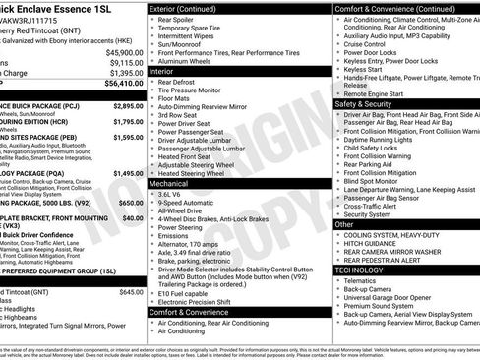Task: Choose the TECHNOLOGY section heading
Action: tap(360, 269)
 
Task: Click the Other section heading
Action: tap(345, 224)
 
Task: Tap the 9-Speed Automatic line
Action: tap(186, 203)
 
